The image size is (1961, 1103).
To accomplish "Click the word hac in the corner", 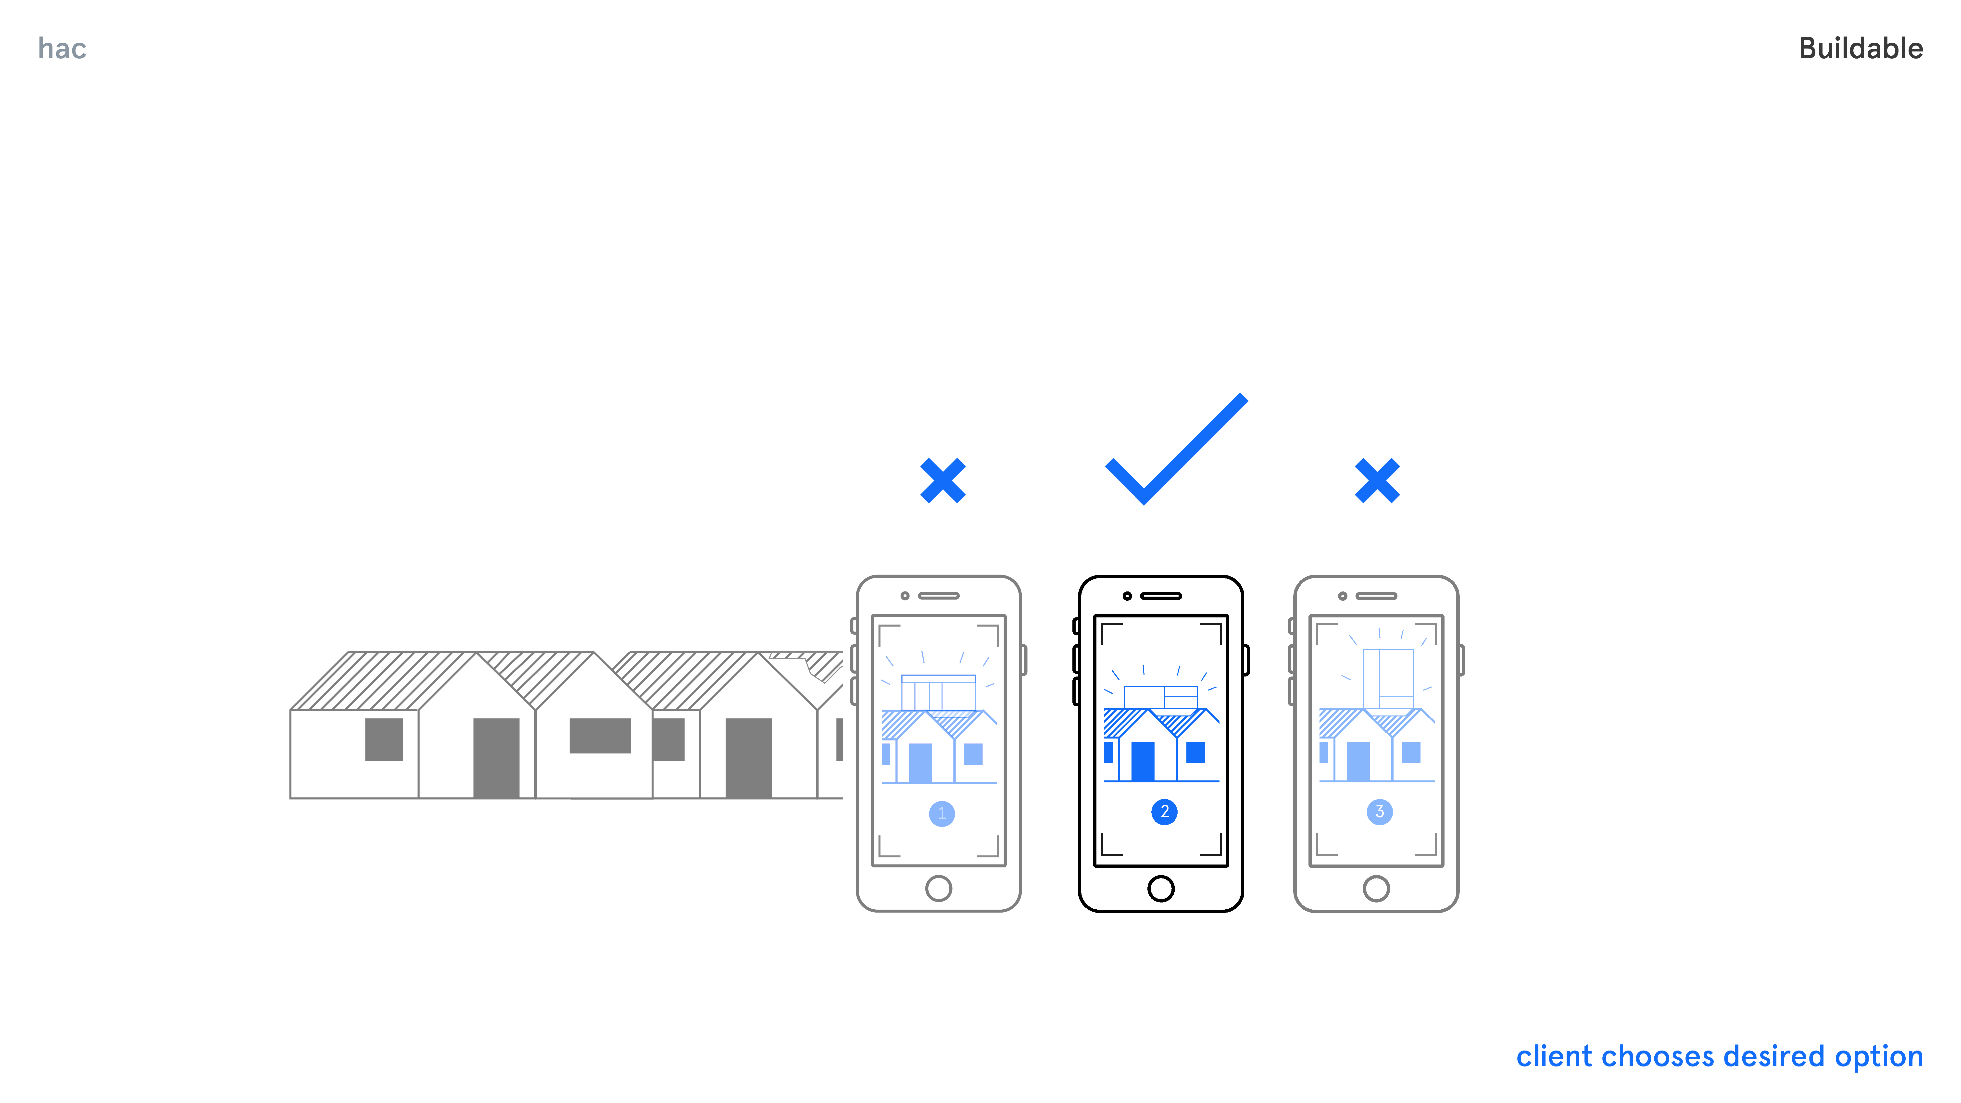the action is [x=63, y=49].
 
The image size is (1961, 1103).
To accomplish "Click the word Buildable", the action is [x=1860, y=49].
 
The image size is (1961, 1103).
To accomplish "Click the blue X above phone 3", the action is [x=1377, y=480].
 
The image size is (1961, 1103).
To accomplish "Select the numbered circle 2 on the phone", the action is [x=1164, y=812].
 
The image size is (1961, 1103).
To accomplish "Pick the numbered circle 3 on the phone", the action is [x=1379, y=812].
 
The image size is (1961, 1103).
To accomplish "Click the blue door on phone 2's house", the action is [x=1143, y=761].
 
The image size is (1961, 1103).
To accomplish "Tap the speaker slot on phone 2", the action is [x=1161, y=596].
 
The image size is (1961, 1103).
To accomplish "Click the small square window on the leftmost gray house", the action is [x=384, y=739].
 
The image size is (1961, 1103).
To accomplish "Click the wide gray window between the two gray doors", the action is [x=600, y=735].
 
